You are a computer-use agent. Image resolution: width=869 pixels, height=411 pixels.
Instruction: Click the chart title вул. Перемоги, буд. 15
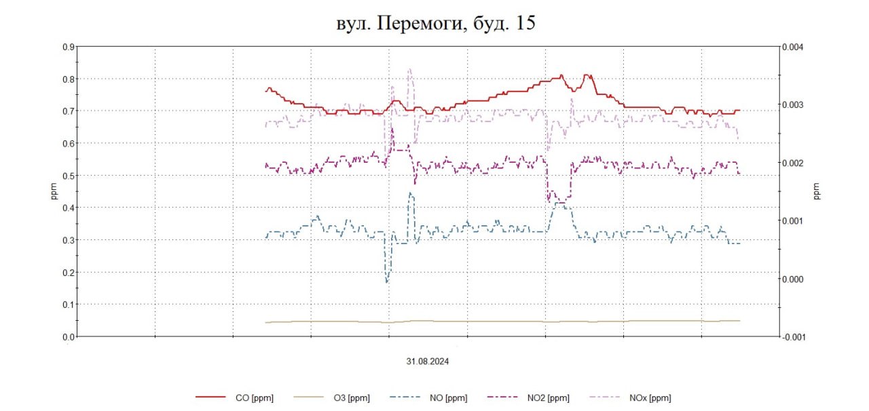(x=435, y=24)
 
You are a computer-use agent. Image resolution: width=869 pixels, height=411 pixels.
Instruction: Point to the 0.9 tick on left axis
(x=68, y=47)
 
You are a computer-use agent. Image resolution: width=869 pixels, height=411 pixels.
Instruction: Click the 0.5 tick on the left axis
(x=68, y=176)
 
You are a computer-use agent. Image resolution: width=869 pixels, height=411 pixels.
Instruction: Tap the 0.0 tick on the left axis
(x=68, y=336)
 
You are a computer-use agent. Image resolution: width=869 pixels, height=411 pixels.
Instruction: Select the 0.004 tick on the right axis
(x=792, y=47)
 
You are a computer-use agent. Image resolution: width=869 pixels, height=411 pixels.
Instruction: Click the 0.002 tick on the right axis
(x=792, y=163)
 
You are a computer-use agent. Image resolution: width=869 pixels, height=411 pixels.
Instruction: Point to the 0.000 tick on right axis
(x=792, y=279)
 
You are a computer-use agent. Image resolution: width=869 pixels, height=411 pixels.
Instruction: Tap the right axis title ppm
(x=817, y=191)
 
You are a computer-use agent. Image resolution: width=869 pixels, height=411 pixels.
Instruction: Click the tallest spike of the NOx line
(x=409, y=69)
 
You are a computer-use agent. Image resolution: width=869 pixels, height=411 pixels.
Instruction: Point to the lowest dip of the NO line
(x=387, y=281)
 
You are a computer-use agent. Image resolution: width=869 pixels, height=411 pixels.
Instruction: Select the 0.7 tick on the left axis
(x=68, y=111)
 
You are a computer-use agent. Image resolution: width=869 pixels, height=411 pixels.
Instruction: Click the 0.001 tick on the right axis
(x=792, y=221)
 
